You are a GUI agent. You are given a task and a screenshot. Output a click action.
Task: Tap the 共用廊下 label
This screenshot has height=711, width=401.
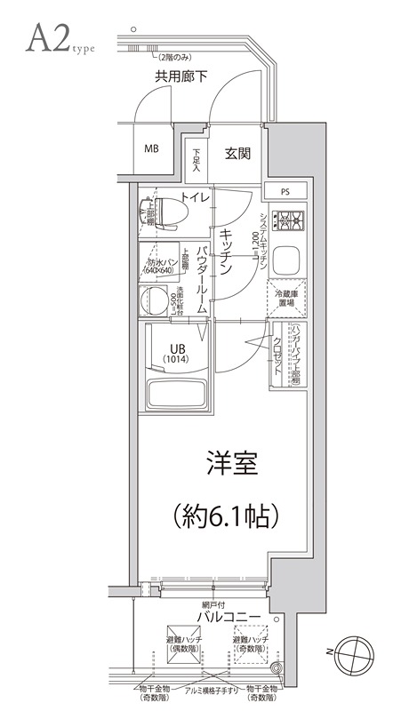point(181,77)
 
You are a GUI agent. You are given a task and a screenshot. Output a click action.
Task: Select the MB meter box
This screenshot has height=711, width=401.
point(152,148)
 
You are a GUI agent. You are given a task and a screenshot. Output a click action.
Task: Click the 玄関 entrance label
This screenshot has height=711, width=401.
point(237,153)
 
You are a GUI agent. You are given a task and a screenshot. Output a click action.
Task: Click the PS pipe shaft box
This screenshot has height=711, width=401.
point(285,191)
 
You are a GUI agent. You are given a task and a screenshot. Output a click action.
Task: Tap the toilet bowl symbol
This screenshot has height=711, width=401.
point(165,214)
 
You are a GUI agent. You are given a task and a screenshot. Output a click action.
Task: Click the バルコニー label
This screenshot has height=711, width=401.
point(229,616)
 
